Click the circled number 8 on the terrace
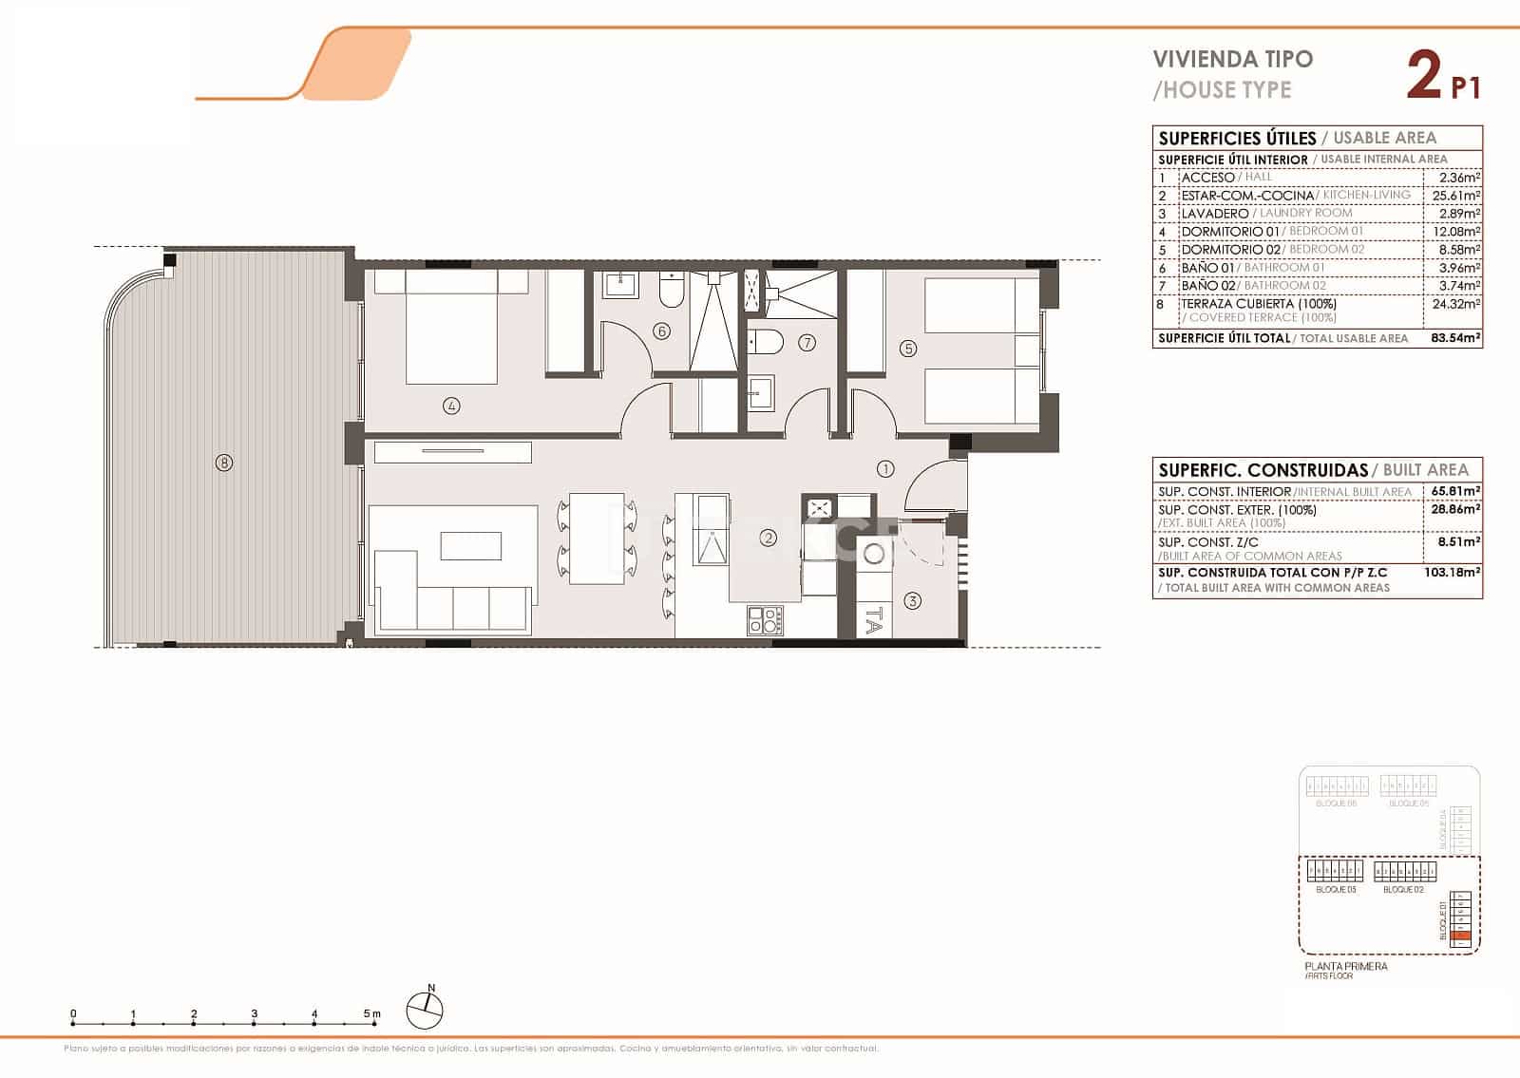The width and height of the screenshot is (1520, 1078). click(224, 463)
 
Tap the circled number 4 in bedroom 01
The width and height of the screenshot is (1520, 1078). click(451, 406)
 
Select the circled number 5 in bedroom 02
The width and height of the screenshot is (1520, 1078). click(908, 349)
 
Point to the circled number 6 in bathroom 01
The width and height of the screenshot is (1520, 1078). click(661, 331)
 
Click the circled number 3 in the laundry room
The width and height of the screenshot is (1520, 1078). click(912, 600)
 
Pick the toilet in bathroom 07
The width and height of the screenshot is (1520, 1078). click(766, 341)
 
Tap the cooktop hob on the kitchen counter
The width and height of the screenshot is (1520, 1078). click(766, 620)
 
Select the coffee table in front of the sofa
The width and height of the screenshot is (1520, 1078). click(471, 546)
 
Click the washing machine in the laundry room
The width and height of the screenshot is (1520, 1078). click(874, 556)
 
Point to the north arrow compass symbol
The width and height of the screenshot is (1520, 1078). click(426, 1009)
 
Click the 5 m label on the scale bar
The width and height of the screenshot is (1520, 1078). click(371, 1013)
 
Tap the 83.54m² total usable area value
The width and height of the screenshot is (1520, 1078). click(1455, 338)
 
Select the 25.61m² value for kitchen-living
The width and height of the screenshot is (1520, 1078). click(1456, 196)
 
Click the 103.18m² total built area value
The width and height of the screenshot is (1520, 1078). click(1456, 573)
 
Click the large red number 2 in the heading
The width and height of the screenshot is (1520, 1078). click(1424, 76)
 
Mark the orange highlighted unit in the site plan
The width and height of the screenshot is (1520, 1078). click(1463, 936)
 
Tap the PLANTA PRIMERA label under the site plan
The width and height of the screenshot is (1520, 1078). click(1346, 966)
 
